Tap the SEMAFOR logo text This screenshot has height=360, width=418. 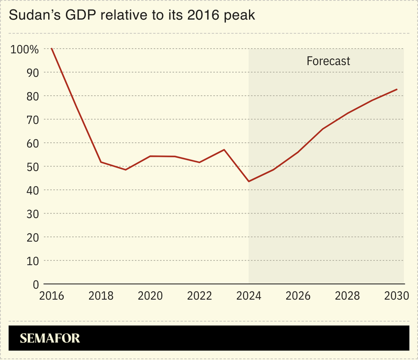click(x=50, y=339)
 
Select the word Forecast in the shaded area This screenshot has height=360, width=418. click(x=328, y=61)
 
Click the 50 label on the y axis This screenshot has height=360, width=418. click(x=32, y=167)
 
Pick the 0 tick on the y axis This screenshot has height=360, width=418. click(x=36, y=284)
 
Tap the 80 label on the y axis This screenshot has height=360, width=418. click(x=32, y=97)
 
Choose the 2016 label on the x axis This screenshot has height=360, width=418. click(x=51, y=296)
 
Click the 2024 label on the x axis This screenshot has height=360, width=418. click(x=248, y=296)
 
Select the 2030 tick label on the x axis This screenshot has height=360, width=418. click(x=396, y=296)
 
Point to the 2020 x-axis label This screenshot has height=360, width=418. click(x=150, y=296)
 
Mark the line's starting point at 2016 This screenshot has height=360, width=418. click(x=52, y=49)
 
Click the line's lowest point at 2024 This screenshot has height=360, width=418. click(x=248, y=181)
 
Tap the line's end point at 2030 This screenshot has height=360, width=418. click(x=397, y=89)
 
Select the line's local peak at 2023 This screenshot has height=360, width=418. click(x=224, y=150)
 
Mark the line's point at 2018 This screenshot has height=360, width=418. click(x=101, y=162)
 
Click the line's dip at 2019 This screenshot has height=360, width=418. click(x=126, y=170)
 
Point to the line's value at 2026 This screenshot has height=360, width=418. click(x=298, y=152)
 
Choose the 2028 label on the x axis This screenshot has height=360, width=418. click(x=347, y=296)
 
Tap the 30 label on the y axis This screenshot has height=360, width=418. click(x=32, y=214)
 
